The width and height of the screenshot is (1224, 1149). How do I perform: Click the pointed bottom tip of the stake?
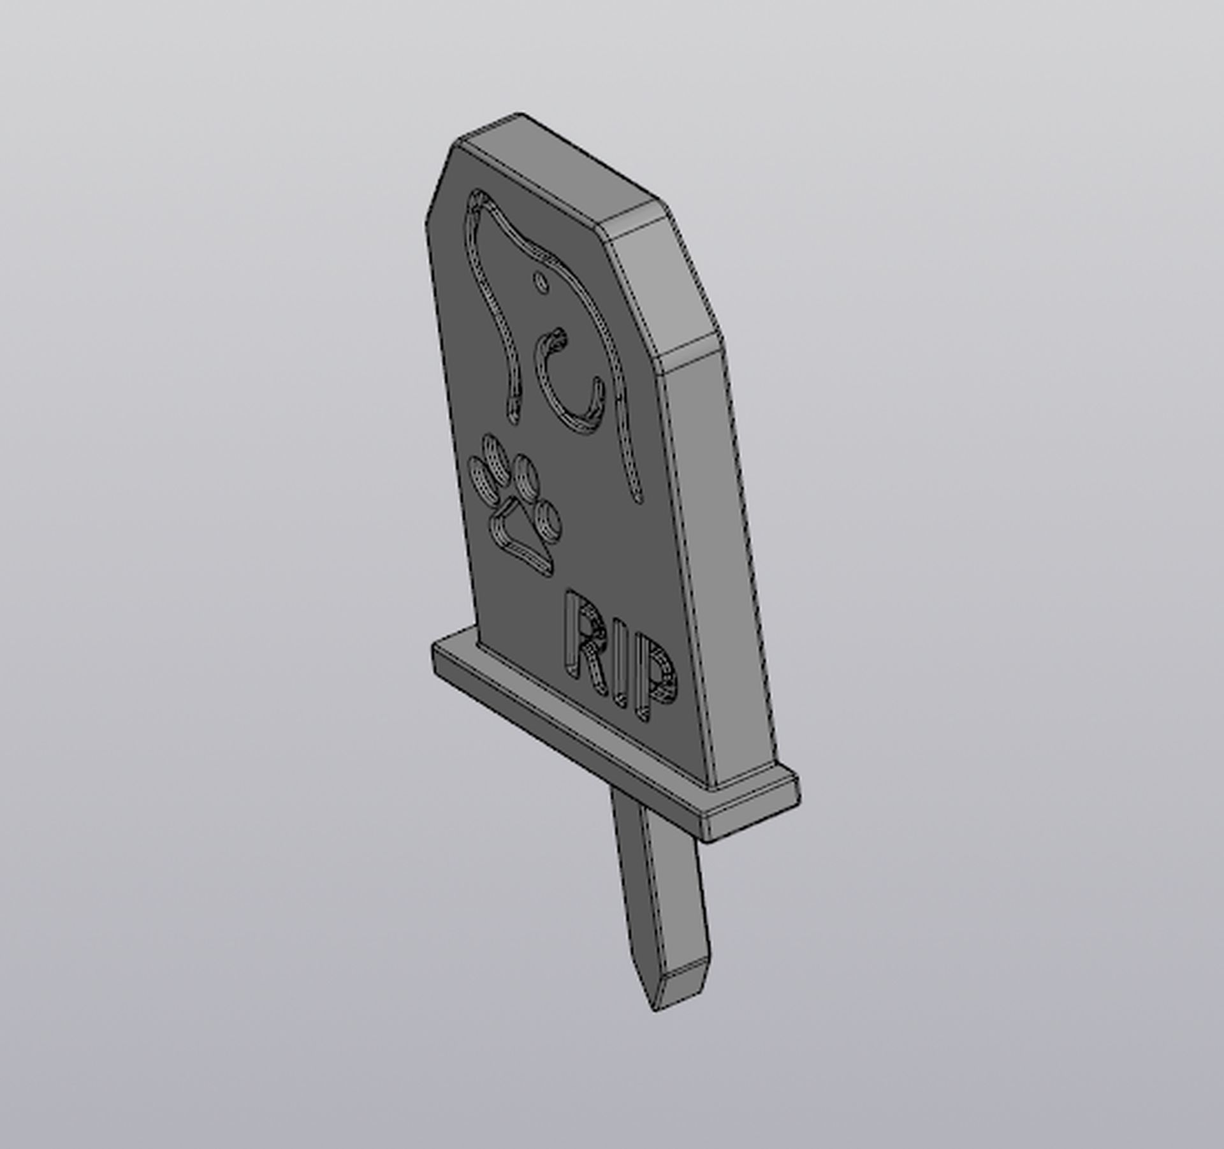tap(655, 1007)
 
